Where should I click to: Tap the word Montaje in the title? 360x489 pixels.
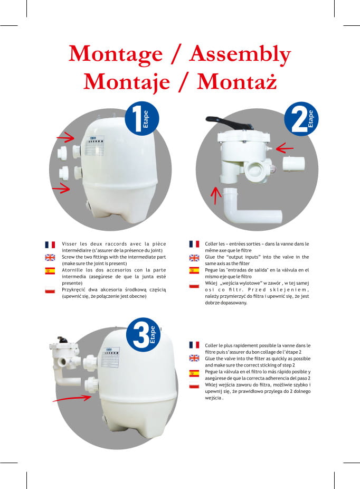click(x=127, y=82)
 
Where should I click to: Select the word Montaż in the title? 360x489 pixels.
click(x=236, y=82)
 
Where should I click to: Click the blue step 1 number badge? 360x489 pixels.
click(x=142, y=118)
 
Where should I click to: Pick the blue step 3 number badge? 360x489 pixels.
click(x=144, y=335)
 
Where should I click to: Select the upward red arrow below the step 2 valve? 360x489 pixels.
click(x=216, y=195)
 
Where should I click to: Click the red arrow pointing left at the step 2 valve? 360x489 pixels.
click(x=285, y=148)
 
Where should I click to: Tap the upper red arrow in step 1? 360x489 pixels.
click(x=66, y=137)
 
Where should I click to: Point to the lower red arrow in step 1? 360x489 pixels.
click(x=61, y=188)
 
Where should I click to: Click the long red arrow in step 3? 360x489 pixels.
click(x=72, y=398)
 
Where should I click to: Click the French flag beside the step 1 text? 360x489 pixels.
click(x=50, y=245)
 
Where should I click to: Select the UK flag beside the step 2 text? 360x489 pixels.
click(x=194, y=258)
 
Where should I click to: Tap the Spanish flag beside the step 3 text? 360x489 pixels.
click(x=194, y=373)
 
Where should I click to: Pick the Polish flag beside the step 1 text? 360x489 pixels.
click(x=50, y=290)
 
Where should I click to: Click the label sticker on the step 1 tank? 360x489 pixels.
click(x=95, y=145)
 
